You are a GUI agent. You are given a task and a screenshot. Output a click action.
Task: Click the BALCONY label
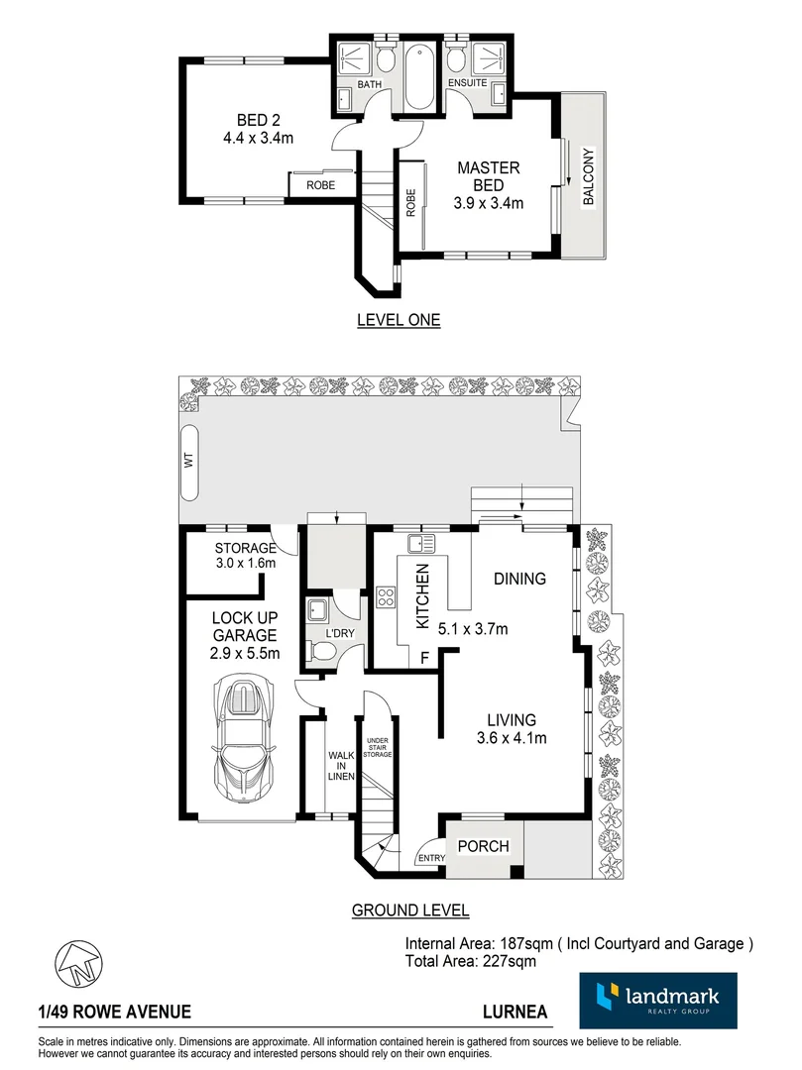(588, 177)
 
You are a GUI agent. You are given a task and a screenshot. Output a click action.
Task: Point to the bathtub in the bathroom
(417, 78)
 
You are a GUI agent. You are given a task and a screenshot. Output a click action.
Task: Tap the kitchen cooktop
(386, 597)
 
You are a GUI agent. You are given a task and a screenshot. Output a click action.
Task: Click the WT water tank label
(188, 460)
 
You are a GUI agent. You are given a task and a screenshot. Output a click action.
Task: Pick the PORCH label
(483, 846)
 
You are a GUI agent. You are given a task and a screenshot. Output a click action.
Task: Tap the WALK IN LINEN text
(341, 765)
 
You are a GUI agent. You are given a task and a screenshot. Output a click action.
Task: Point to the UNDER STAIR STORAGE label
(378, 748)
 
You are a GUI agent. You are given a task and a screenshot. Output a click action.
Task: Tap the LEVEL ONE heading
(398, 320)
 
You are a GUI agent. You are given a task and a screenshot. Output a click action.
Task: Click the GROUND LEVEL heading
(410, 910)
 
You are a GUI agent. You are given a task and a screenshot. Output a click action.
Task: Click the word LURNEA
(511, 1013)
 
